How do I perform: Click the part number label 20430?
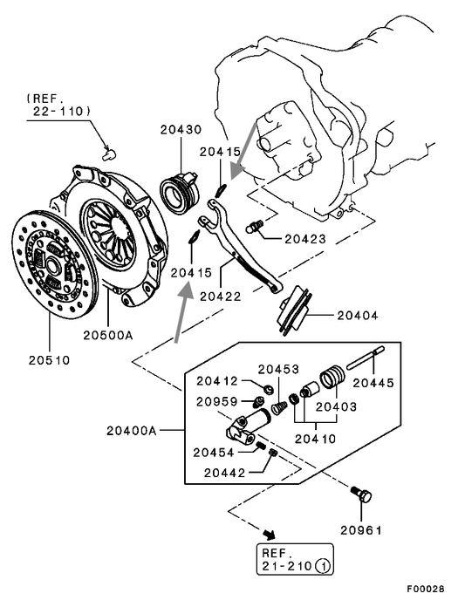coord(181,129)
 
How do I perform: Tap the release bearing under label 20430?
coord(180,189)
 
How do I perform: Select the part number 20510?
coord(49,360)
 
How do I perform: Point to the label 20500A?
coord(108,335)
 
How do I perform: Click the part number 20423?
coord(305,239)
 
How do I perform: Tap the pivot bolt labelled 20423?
coord(255,226)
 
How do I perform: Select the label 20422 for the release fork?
coord(221,297)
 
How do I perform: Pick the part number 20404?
coord(358,316)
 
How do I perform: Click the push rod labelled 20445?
coord(366,358)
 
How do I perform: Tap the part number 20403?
coord(336,407)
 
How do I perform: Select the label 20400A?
coord(132,431)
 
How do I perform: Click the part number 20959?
coord(217,402)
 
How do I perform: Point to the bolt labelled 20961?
coord(362,494)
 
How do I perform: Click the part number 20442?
coord(224,473)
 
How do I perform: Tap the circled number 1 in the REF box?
coord(323,566)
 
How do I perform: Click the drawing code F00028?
coord(426,589)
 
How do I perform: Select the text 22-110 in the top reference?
coord(62,112)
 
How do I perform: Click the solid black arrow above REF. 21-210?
coord(269,535)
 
